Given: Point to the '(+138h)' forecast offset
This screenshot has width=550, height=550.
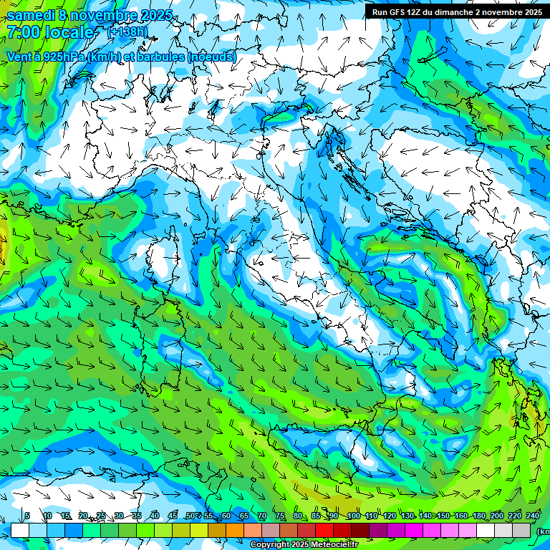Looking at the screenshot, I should click(127, 32).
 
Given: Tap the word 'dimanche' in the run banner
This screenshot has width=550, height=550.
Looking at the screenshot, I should click(453, 11).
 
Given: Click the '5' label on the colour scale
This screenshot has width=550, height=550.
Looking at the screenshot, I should click(27, 516).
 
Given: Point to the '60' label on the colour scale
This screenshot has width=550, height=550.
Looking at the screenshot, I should click(226, 516).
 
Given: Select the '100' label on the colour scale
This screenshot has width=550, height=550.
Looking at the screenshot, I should click(353, 516).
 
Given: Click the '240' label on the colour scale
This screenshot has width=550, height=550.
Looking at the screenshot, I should click(532, 516).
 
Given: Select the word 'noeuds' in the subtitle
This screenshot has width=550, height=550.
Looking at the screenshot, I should click(211, 57).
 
